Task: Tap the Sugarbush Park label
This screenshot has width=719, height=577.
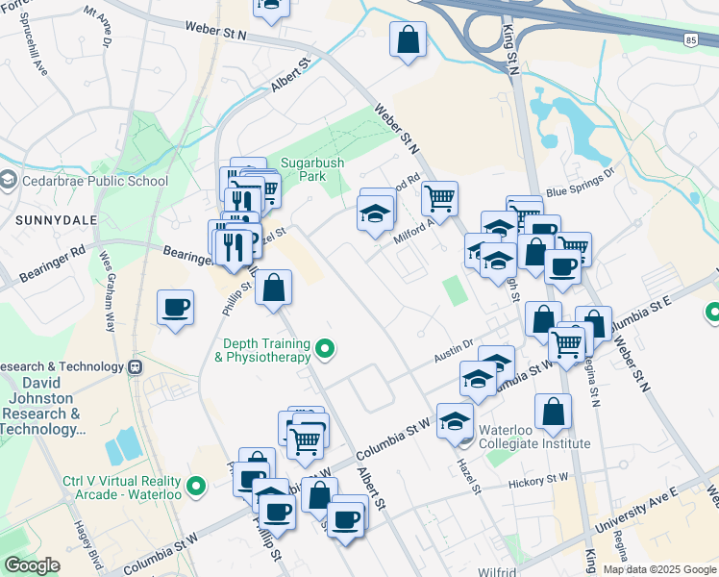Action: tap(312, 170)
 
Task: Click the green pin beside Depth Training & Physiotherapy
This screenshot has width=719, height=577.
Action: tap(326, 348)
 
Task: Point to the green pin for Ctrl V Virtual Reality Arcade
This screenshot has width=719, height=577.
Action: tap(197, 487)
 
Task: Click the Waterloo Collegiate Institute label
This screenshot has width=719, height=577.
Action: tap(533, 437)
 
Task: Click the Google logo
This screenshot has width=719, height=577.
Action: tap(32, 565)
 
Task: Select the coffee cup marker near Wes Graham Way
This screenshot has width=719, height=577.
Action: tap(175, 308)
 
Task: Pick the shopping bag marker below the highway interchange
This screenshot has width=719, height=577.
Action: tap(408, 40)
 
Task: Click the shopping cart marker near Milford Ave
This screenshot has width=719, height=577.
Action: tap(439, 199)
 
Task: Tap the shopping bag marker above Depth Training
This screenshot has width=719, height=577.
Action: tap(274, 287)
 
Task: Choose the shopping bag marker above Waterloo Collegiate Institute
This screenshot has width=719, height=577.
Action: tap(553, 412)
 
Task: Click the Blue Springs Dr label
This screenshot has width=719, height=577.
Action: tap(580, 184)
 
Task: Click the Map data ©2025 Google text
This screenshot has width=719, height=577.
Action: tap(658, 569)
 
